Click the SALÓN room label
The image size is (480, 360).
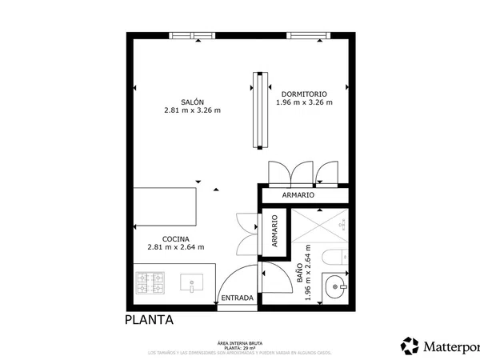192,102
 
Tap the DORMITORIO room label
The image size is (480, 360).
304,93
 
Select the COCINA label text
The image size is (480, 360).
175,238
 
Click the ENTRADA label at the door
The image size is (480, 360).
237,298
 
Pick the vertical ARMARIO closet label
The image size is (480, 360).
274,231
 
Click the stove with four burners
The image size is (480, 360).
150,283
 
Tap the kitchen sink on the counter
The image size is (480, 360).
192,283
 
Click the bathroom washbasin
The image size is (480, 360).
335,285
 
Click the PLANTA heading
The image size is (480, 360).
150,320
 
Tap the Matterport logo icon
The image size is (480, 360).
410,346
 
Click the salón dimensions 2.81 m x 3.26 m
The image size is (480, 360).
192,110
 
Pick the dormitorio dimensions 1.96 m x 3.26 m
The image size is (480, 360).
304,102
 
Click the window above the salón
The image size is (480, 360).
193,35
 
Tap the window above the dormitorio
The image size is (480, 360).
308,35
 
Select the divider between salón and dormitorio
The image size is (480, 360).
258,110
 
